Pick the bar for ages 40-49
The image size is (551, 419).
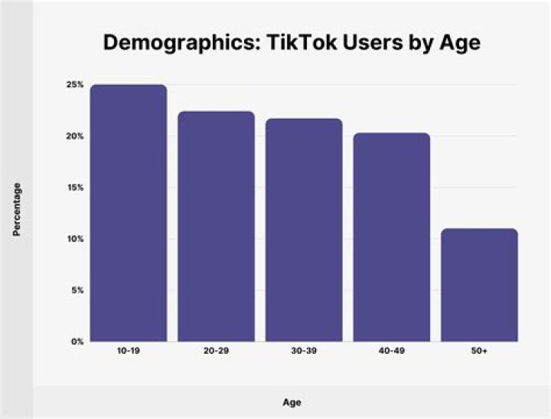pos(391,237)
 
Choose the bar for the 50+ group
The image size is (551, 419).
pos(479,285)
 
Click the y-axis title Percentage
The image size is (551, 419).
pos(17,208)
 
